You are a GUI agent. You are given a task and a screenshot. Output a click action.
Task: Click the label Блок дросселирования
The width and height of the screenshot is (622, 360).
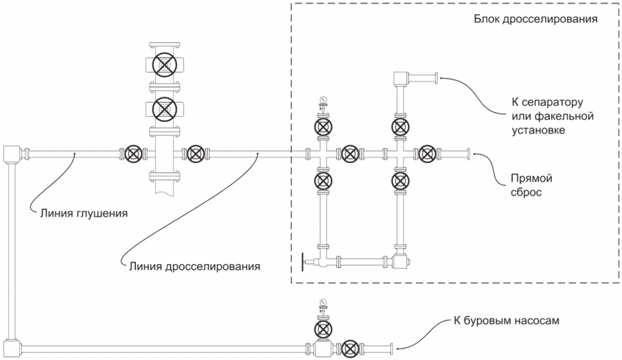tap(535, 19)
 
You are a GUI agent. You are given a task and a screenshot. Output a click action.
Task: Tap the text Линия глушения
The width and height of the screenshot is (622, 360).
tap(84, 214)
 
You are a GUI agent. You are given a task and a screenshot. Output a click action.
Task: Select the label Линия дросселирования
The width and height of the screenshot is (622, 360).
tap(194, 266)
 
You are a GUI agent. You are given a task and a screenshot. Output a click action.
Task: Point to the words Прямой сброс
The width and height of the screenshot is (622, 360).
tap(532, 185)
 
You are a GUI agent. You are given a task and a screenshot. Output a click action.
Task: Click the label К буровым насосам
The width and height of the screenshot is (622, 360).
tap(506, 321)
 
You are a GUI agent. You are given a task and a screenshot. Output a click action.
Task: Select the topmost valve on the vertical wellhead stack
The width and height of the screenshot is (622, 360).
tap(165, 65)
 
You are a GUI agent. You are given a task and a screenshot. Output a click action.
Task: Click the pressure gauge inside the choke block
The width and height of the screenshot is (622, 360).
tap(323, 99)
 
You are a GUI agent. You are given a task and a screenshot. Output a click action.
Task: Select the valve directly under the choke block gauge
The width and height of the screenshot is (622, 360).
tap(323, 127)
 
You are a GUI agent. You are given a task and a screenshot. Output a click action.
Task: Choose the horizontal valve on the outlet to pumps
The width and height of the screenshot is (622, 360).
tap(349, 349)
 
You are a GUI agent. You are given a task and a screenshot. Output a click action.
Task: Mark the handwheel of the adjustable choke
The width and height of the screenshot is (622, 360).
tap(303, 262)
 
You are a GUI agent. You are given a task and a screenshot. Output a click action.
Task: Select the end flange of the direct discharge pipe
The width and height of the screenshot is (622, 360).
tap(469, 154)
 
